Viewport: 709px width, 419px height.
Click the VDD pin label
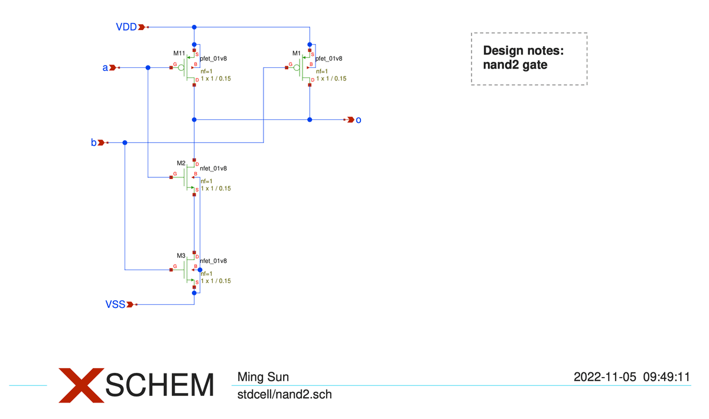pos(126,27)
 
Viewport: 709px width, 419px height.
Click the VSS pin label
pos(115,304)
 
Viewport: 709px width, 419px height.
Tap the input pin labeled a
pos(106,68)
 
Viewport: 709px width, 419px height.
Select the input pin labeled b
pos(93,142)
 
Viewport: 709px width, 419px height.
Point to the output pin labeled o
pos(358,120)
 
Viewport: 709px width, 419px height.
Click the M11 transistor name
pos(179,53)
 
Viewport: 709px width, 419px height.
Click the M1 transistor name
pos(297,53)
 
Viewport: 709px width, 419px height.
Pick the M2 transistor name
pos(181,163)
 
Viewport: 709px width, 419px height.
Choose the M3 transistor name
pos(181,255)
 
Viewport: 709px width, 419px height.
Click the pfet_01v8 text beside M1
pos(329,59)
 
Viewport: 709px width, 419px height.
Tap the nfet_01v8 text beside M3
pos(213,261)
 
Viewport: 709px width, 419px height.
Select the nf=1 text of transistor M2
pos(206,181)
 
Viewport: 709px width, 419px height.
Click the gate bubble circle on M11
pos(181,68)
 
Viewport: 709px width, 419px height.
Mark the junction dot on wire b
pos(125,142)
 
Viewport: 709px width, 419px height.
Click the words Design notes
pos(523,51)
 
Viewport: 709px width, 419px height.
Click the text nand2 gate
pos(515,65)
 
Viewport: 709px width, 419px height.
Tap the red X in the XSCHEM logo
pos(80,385)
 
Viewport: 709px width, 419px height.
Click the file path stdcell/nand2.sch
pos(284,394)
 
